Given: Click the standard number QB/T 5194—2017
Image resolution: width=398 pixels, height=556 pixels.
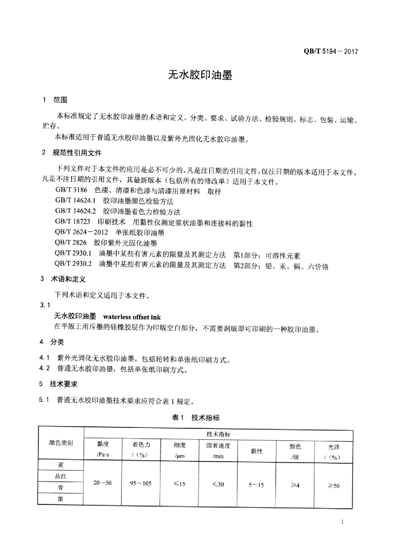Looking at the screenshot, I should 330,52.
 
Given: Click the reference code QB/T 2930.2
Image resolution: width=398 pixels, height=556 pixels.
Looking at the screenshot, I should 75,266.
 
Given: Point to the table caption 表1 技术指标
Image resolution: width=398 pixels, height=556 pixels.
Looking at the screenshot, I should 200,417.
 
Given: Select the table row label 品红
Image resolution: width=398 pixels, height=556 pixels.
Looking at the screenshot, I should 61,476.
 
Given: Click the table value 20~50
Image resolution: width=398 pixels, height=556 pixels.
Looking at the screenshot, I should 103,483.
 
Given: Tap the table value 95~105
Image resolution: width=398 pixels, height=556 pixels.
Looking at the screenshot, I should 142,483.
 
